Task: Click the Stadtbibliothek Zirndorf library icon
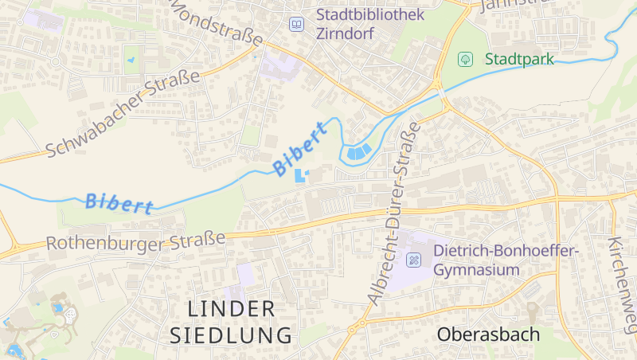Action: tap(297, 25)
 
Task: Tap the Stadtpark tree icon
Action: tap(465, 59)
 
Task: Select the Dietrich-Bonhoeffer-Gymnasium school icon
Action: tap(414, 260)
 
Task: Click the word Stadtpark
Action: tap(519, 59)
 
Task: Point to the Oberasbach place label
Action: tap(488, 335)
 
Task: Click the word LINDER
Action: tap(232, 308)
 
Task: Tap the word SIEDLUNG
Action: tap(231, 335)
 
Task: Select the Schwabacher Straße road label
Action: tap(123, 113)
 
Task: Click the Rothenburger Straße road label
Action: tap(135, 240)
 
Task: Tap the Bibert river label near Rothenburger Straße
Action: tap(119, 203)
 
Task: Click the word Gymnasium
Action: tap(476, 270)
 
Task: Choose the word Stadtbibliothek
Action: tap(370, 14)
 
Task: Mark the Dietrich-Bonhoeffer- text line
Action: tap(506, 251)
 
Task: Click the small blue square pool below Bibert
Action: tap(299, 175)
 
